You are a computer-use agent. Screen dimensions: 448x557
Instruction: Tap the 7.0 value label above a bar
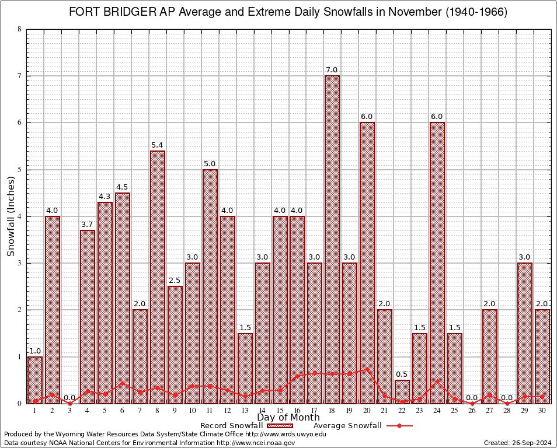tap(332, 71)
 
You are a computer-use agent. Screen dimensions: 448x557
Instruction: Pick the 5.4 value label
tap(158, 145)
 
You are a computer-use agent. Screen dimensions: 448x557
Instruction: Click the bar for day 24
tap(437, 262)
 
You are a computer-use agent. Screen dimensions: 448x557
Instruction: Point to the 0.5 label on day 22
tap(402, 374)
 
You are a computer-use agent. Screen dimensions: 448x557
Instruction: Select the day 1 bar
tap(35, 380)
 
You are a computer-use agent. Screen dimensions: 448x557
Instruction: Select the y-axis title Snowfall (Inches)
tap(11, 216)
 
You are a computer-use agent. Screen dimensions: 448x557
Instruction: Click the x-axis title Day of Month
tap(288, 418)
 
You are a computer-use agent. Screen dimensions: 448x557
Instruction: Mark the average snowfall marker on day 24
tap(437, 381)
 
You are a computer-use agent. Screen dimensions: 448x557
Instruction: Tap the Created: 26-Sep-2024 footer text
tap(517, 443)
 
